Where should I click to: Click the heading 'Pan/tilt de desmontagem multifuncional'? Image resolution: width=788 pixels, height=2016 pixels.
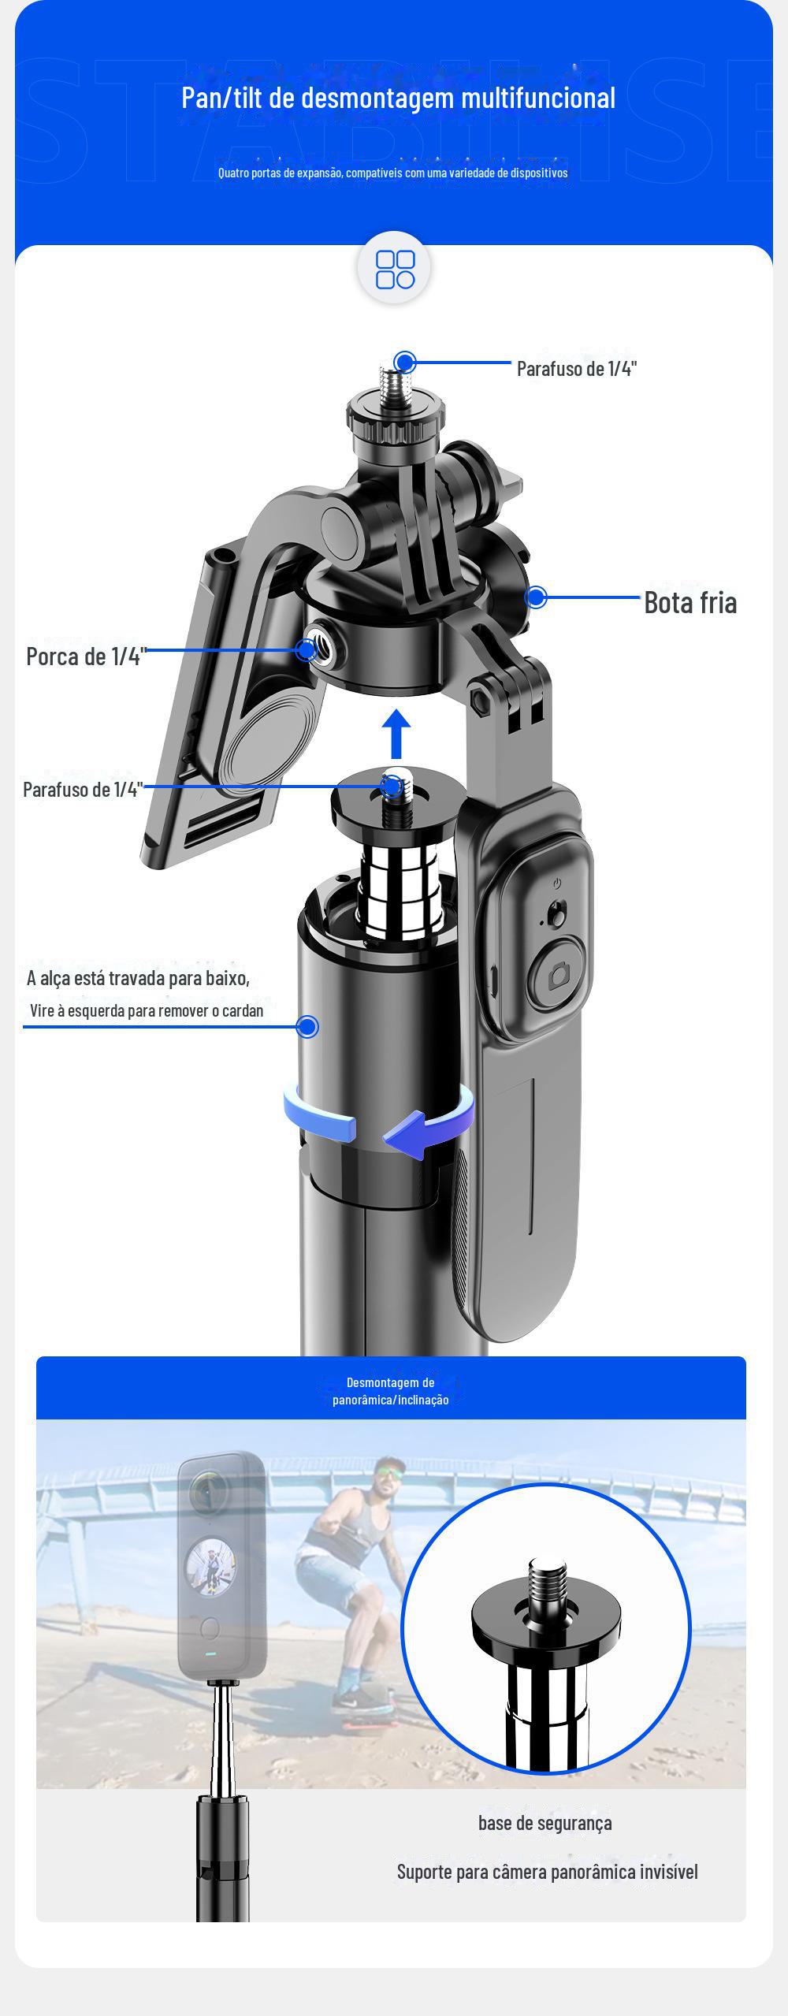(398, 98)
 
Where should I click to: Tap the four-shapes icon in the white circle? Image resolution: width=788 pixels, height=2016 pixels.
(395, 270)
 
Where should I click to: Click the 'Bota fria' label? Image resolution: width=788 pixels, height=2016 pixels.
(690, 602)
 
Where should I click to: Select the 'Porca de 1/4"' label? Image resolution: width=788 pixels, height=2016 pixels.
(87, 656)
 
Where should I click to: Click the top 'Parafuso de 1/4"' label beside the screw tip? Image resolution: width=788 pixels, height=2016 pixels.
(577, 368)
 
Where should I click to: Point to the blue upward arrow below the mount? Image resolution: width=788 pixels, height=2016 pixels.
(396, 735)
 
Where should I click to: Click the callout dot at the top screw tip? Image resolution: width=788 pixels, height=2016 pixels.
(405, 362)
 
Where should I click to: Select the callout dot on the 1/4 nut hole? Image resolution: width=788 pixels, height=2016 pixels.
(307, 650)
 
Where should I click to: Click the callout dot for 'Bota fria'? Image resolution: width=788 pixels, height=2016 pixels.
(536, 597)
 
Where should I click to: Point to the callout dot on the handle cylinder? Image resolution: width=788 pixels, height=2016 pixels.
(308, 1026)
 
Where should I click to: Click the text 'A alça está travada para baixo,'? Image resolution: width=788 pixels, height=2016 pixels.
(138, 978)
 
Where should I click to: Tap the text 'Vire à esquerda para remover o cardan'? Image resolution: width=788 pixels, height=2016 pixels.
(147, 1010)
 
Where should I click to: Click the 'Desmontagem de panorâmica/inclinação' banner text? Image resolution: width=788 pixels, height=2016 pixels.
(391, 1391)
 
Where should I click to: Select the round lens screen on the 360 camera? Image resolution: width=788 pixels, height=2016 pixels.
(210, 1565)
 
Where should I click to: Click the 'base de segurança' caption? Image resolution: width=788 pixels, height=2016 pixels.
(545, 1823)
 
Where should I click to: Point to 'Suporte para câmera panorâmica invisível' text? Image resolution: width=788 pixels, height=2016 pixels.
(547, 1872)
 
